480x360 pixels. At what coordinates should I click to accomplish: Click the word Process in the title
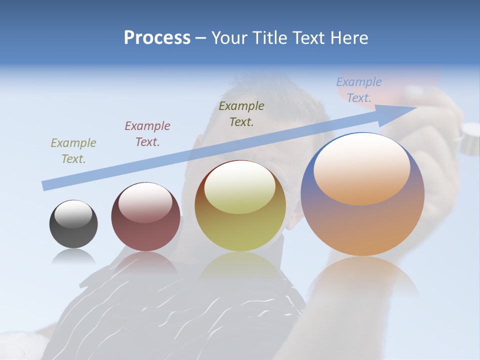(157, 38)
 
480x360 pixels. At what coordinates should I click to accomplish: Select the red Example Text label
(147, 134)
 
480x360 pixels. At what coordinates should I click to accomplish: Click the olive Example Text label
(241, 113)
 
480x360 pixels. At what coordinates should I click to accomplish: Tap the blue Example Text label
(359, 90)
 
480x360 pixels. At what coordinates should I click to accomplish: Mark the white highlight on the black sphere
(73, 214)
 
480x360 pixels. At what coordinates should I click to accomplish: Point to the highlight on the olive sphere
(239, 187)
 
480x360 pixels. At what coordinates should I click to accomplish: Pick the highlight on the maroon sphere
(145, 202)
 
